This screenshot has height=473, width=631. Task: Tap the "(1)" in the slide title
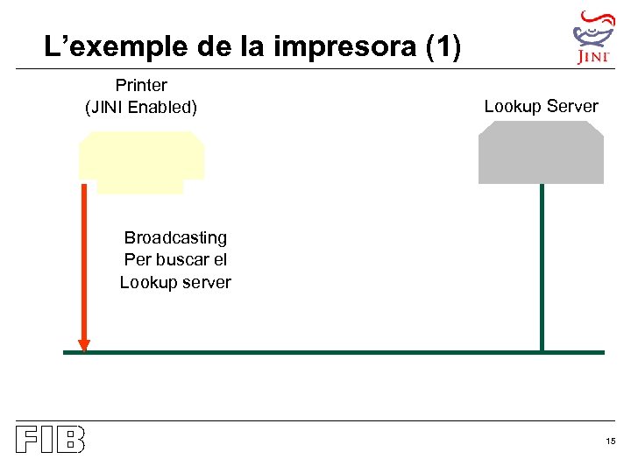pyautogui.click(x=442, y=47)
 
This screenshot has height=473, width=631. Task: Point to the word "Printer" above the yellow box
pyautogui.click(x=141, y=86)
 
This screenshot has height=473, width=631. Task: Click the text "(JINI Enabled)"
pyautogui.click(x=141, y=108)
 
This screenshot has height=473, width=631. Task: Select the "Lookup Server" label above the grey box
pyautogui.click(x=541, y=107)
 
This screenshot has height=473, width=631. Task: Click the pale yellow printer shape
pyautogui.click(x=141, y=159)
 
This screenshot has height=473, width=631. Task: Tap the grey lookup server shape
pyautogui.click(x=541, y=153)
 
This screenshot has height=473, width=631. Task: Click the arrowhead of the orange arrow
pyautogui.click(x=84, y=345)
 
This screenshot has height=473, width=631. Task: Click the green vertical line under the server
pyautogui.click(x=542, y=263)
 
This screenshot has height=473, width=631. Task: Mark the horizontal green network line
pyautogui.click(x=333, y=352)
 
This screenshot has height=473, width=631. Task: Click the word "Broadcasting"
pyautogui.click(x=175, y=237)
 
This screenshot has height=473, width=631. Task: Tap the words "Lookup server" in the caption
pyautogui.click(x=175, y=282)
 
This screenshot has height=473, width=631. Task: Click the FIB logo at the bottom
pyautogui.click(x=50, y=440)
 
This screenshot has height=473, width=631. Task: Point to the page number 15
pyautogui.click(x=610, y=441)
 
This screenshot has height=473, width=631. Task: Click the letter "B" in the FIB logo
pyautogui.click(x=70, y=440)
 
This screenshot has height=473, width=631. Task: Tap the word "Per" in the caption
pyautogui.click(x=138, y=260)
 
